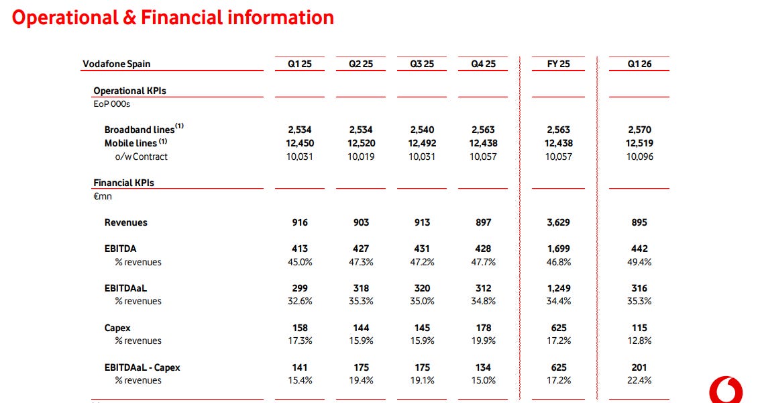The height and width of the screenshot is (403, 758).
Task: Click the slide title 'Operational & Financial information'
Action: (173, 17)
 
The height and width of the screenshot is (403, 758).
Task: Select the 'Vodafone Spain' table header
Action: (117, 64)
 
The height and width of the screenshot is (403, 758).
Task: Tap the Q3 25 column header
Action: (422, 64)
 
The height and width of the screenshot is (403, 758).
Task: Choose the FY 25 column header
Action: (559, 64)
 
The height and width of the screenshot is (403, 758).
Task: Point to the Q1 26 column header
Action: (639, 64)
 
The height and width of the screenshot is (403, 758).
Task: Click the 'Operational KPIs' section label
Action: (129, 91)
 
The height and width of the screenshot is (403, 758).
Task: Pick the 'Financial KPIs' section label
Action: (123, 183)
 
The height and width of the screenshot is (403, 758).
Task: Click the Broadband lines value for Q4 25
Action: (483, 130)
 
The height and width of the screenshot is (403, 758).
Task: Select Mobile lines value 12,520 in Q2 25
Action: (361, 143)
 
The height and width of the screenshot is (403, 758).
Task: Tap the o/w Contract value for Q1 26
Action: (639, 156)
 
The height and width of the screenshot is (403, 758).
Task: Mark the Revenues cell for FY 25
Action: (559, 222)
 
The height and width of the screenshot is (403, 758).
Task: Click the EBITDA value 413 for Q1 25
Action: (300, 249)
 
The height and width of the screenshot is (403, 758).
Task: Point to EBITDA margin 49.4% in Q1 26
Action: (639, 262)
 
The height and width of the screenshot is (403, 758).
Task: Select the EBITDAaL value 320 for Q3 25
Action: (422, 288)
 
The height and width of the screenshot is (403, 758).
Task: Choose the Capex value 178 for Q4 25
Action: (483, 328)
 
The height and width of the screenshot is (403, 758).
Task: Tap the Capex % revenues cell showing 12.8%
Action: (639, 341)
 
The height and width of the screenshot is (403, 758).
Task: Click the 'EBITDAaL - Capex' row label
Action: (142, 367)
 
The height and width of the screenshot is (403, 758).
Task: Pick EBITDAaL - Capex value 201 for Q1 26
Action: (639, 367)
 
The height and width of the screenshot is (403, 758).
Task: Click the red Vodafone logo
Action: (726, 391)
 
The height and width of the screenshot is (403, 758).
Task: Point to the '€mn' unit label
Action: (103, 197)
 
